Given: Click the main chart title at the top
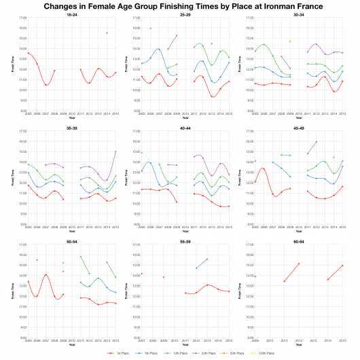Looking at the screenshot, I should click(x=180, y=5).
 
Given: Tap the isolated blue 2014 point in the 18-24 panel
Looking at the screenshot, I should click(x=107, y=33).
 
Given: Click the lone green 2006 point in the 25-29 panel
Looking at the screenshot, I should click(x=150, y=29).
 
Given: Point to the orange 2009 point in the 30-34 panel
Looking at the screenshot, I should click(x=290, y=41).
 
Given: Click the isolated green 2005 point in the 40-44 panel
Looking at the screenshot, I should click(x=141, y=153).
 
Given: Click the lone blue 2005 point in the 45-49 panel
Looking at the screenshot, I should click(x=255, y=162).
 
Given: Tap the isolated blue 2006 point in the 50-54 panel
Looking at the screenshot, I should click(x=37, y=260).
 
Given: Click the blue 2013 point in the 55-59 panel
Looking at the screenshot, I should click(x=207, y=259).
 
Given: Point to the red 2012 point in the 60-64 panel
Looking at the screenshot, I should click(x=299, y=264).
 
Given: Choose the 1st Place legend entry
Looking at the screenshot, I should click(x=119, y=354).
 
